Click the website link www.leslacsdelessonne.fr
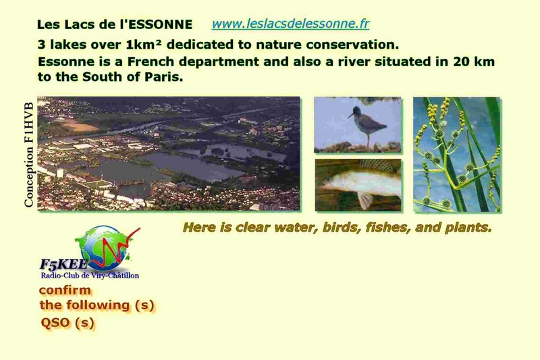(x=290, y=24)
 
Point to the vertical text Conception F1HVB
(x=29, y=155)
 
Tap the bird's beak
(x=350, y=115)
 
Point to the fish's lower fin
(x=364, y=199)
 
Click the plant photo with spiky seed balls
(x=457, y=155)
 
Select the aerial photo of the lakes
(x=168, y=153)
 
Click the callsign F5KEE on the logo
(x=64, y=265)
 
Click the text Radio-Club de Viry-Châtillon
(x=90, y=276)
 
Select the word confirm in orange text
(x=65, y=290)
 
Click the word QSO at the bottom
(x=55, y=323)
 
